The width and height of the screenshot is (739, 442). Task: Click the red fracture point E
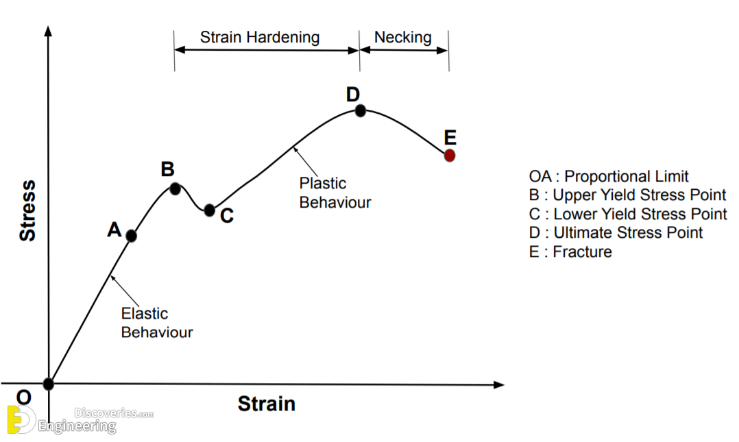[x=450, y=156]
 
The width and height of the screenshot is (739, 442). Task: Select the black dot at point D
[x=360, y=111]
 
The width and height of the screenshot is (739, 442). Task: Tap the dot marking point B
[x=175, y=189]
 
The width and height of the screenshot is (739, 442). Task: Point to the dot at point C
[x=210, y=210]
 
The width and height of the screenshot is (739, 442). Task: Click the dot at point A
[x=132, y=236]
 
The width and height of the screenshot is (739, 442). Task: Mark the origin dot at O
[x=49, y=384]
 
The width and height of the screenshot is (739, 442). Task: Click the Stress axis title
[x=27, y=210]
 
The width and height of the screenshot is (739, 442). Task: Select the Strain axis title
[x=266, y=404]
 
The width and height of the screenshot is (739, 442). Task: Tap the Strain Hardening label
[x=260, y=37]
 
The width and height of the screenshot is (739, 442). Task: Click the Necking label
[x=403, y=37]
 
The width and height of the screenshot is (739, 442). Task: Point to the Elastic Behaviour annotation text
[x=157, y=323]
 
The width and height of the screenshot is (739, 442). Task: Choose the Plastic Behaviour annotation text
[x=335, y=193]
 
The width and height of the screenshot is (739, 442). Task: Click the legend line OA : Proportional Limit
[x=609, y=176]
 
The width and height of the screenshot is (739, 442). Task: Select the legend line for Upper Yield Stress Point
[x=627, y=195]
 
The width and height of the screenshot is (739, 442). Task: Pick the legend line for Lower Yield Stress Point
[x=628, y=214]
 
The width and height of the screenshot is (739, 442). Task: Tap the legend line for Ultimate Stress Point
[x=616, y=233]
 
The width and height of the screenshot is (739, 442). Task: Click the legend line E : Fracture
[x=570, y=251]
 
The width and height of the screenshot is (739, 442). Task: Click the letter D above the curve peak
[x=353, y=95]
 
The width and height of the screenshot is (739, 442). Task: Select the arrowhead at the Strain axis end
[x=499, y=385]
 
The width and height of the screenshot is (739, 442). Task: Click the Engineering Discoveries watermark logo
[x=81, y=419]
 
